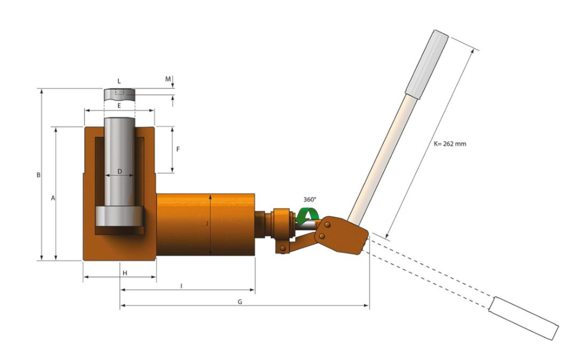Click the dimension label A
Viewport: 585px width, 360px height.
pyautogui.click(x=53, y=199)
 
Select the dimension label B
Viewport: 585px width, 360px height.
pyautogui.click(x=38, y=175)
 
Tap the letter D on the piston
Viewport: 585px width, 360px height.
pyautogui.click(x=120, y=171)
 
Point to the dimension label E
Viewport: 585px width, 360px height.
pyautogui.click(x=119, y=105)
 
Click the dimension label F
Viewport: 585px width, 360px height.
pyautogui.click(x=178, y=149)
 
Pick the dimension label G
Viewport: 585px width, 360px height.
pyautogui.click(x=240, y=302)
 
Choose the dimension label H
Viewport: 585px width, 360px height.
pyautogui.click(x=125, y=273)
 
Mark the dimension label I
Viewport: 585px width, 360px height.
pyautogui.click(x=182, y=286)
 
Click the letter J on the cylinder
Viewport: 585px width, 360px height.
pyautogui.click(x=207, y=224)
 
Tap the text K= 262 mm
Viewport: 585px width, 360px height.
pyautogui.click(x=450, y=144)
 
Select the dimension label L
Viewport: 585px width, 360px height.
pyautogui.click(x=119, y=81)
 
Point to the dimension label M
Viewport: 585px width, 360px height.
pyautogui.click(x=168, y=79)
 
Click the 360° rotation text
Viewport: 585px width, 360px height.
pyautogui.click(x=310, y=199)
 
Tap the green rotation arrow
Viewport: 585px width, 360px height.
pyautogui.click(x=308, y=216)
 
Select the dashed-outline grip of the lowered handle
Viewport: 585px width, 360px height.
pyautogui.click(x=524, y=318)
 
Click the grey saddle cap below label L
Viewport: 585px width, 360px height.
pyautogui.click(x=119, y=95)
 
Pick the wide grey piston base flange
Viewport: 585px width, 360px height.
pyautogui.click(x=119, y=216)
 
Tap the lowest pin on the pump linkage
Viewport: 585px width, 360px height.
pyautogui.click(x=283, y=248)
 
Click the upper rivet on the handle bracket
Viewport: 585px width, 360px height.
pyautogui.click(x=328, y=224)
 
